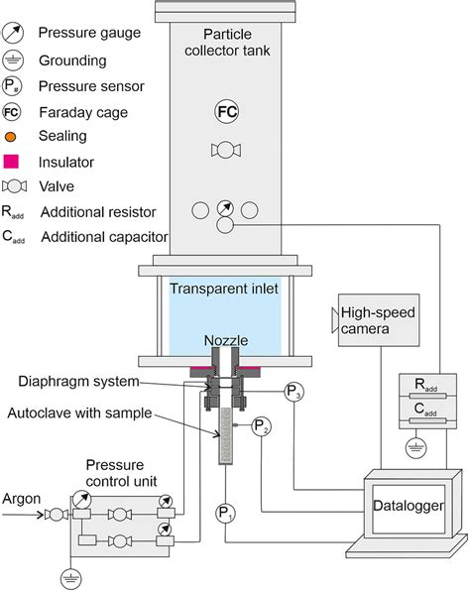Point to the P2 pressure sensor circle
(260, 427)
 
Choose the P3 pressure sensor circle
(294, 390)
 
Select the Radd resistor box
(426, 388)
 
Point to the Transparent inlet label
(224, 290)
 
